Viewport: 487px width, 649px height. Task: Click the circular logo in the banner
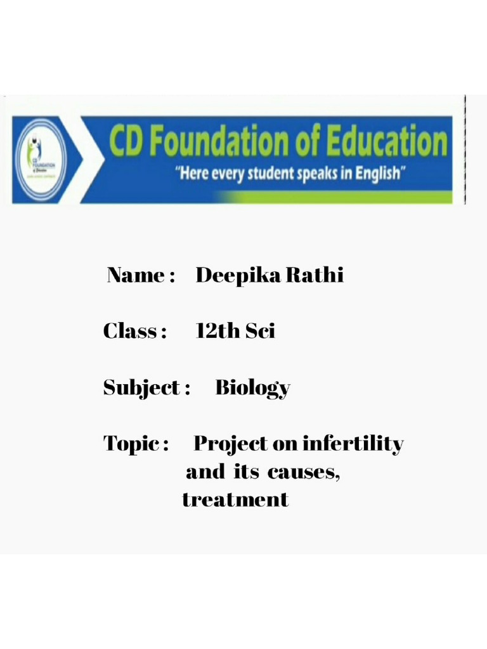pos(42,159)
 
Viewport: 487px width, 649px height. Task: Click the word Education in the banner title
pos(387,142)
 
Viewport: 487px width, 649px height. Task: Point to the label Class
pos(131,331)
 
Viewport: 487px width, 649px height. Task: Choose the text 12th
pos(216,331)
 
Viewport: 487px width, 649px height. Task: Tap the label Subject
pos(142,387)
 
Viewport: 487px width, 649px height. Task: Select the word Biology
pos(253,388)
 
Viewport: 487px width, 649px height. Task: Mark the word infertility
pos(353,444)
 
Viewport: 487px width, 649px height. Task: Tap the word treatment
pos(235,499)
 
